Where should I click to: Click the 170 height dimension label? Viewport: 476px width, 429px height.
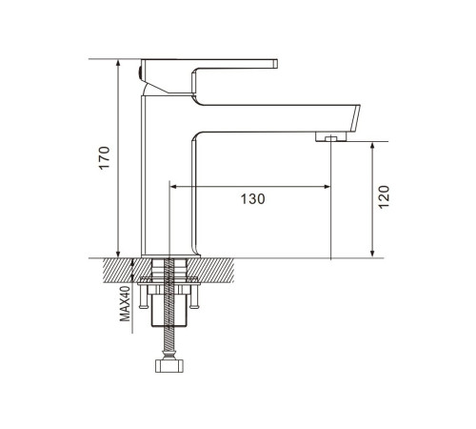pyautogui.click(x=104, y=158)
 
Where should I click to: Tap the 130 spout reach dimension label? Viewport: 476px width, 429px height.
pyautogui.click(x=252, y=199)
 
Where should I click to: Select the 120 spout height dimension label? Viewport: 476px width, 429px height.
pyautogui.click(x=384, y=197)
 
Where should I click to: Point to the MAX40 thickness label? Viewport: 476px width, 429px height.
pyautogui.click(x=125, y=304)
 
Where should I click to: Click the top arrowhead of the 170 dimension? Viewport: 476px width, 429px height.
pyautogui.click(x=118, y=63)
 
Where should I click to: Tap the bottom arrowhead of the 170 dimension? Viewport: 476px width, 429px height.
pyautogui.click(x=118, y=254)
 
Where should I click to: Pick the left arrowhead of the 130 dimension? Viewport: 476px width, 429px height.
pyautogui.click(x=173, y=187)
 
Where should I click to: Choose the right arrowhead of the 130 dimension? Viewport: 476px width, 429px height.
pyautogui.click(x=327, y=187)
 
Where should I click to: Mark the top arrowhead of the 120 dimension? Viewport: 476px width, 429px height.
pyautogui.click(x=372, y=146)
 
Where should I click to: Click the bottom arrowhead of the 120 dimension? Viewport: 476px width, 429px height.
pyautogui.click(x=372, y=254)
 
